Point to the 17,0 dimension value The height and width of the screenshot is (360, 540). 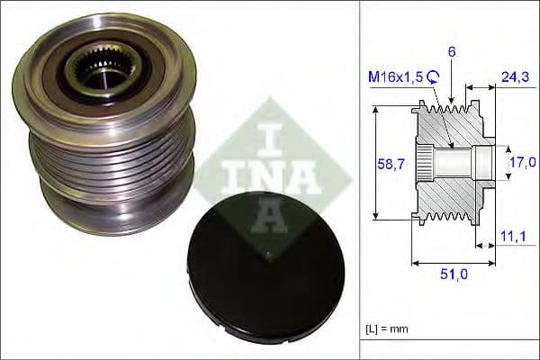click(520, 162)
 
